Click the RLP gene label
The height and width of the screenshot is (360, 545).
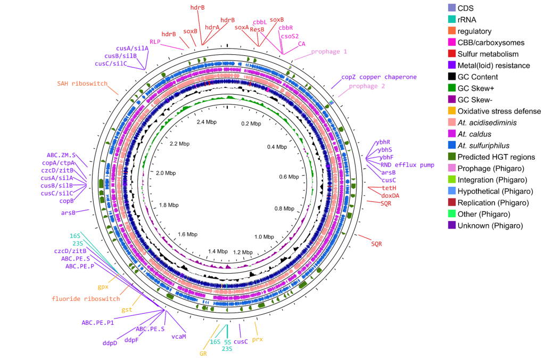coord(155,42)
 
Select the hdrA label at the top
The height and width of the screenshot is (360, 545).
coord(212,27)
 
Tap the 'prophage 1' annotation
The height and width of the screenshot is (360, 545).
coord(329,52)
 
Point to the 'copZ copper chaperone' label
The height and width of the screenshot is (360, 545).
coord(379,77)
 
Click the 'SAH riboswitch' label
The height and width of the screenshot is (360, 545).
coord(82,84)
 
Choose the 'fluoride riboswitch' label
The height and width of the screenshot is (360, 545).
coord(86,299)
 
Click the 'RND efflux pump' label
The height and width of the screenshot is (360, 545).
coord(407,165)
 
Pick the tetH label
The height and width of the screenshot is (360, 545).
coord(389,188)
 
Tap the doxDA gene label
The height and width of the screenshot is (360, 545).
coord(390,196)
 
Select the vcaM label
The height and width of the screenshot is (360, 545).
coord(179,337)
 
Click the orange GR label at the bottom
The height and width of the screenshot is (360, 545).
coord(203,354)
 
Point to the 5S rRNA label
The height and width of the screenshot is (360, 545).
coord(228,342)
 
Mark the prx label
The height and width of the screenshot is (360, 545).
coord(258,339)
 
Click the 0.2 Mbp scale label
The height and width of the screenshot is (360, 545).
coord(251,124)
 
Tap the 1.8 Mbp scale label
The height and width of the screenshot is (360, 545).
coord(169,205)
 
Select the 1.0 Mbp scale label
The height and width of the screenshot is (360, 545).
coord(264,237)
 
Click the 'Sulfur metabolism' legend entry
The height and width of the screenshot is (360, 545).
coord(488,54)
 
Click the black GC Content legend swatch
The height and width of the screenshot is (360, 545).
coord(452,77)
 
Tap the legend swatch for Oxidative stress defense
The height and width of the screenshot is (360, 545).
coord(452,111)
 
